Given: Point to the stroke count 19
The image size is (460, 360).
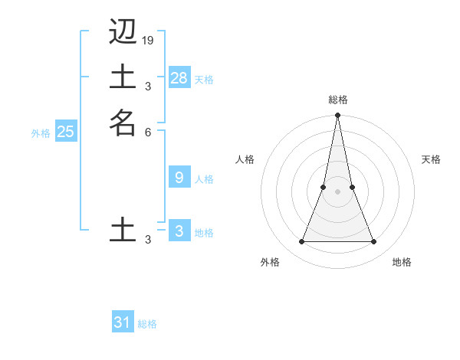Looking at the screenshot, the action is [148, 40].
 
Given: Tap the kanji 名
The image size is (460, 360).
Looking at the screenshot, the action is [123, 123].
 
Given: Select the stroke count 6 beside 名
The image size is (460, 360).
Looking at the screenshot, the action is [148, 132].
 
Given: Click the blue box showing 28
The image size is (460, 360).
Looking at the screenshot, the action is [179, 77].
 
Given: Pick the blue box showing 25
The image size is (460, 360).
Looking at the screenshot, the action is [66, 132].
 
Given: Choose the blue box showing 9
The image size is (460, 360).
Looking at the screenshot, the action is [179, 178].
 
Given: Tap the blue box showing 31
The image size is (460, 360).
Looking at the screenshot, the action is [123, 322].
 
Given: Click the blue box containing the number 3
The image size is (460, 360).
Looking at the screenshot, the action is [179, 231].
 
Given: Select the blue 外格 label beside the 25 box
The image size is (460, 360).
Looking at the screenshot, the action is [41, 133].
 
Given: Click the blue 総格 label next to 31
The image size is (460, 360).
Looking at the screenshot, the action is [147, 324].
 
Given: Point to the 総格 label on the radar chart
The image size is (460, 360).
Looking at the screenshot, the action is [337, 100].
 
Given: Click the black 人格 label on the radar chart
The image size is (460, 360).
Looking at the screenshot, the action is [245, 159].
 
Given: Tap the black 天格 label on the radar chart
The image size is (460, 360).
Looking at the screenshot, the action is [431, 159].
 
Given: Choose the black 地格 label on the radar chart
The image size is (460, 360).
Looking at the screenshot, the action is [402, 262].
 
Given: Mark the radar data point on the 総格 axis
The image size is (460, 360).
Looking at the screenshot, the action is [337, 116].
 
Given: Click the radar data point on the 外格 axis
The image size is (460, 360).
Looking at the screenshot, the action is [301, 241].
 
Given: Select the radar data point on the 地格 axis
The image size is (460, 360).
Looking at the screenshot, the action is [374, 241].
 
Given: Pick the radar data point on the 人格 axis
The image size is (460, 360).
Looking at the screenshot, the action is [324, 187].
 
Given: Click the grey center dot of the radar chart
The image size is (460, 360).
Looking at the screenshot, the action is [337, 191].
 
